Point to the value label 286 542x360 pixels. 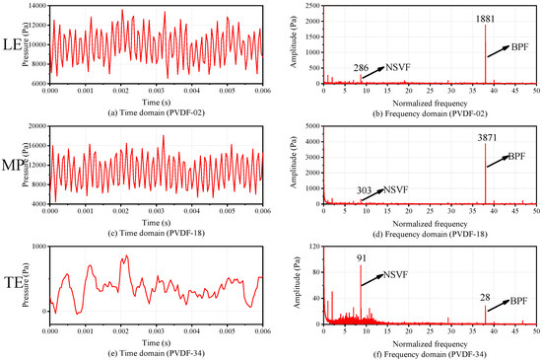(362, 68)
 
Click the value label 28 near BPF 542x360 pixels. (484, 298)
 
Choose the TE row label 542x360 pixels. (13, 280)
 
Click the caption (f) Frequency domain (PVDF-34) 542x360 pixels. (433, 351)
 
